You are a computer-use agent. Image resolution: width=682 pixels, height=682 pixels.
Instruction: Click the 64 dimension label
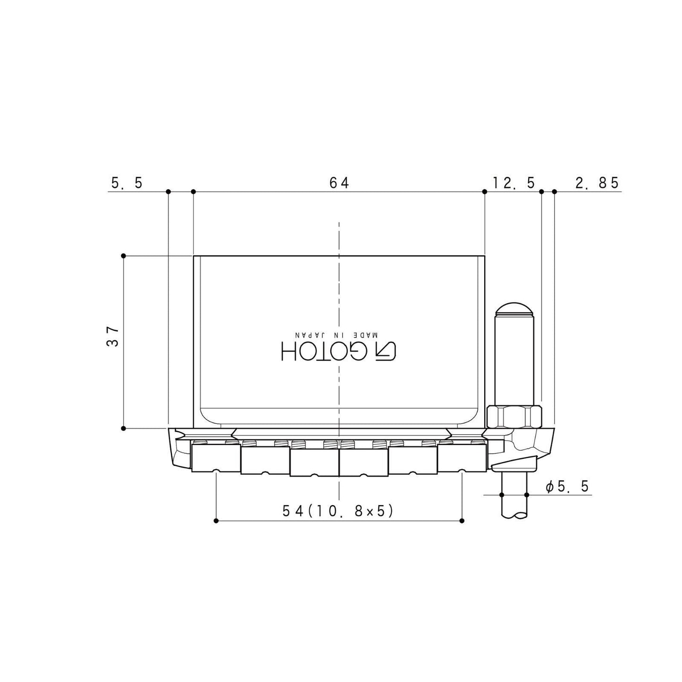pyautogui.click(x=339, y=183)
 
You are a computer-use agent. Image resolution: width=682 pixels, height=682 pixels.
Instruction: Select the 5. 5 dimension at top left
pyautogui.click(x=126, y=183)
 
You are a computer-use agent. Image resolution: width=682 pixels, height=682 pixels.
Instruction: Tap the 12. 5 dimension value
pyautogui.click(x=514, y=183)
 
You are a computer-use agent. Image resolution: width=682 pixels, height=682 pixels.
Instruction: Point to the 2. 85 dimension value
pyautogui.click(x=597, y=183)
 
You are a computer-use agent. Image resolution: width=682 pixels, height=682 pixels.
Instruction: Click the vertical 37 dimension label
pyautogui.click(x=112, y=337)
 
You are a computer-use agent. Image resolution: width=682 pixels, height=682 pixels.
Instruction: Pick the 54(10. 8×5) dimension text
pyautogui.click(x=338, y=511)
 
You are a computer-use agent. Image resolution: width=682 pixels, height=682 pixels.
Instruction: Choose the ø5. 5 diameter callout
pyautogui.click(x=567, y=487)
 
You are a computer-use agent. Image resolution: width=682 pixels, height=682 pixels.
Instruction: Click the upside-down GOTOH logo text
pyautogui.click(x=339, y=352)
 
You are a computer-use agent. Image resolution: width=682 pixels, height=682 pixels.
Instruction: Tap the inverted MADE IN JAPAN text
pyautogui.click(x=337, y=335)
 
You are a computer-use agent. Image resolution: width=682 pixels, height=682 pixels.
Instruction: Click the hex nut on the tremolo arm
pyautogui.click(x=514, y=417)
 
